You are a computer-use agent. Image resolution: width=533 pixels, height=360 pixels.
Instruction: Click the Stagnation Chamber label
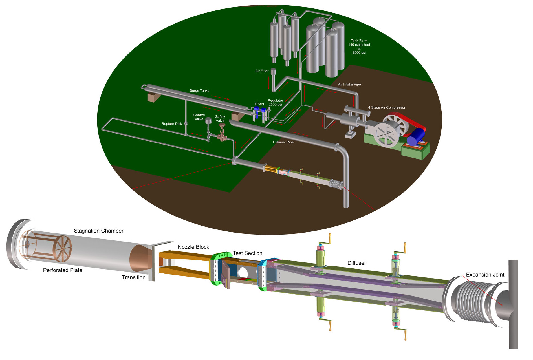click(x=98, y=231)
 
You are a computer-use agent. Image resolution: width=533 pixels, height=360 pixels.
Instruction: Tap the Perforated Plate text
click(x=63, y=270)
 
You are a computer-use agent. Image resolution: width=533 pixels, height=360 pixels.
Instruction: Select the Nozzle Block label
click(x=193, y=247)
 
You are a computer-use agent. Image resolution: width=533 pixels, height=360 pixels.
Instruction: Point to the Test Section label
click(x=247, y=253)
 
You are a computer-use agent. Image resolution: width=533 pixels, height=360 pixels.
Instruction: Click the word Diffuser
click(x=356, y=263)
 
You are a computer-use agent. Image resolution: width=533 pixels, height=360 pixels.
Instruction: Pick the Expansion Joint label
click(x=485, y=275)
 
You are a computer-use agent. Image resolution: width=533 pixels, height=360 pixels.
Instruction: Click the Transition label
click(x=133, y=277)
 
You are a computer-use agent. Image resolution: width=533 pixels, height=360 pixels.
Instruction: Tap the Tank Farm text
click(x=359, y=41)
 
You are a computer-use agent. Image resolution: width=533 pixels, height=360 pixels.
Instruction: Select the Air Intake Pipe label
click(x=349, y=84)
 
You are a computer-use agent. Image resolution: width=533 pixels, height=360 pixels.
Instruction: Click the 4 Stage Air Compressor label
click(x=386, y=107)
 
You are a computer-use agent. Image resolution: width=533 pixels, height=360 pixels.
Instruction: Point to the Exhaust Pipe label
click(x=283, y=142)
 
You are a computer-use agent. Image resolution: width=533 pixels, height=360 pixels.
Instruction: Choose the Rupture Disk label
click(x=171, y=124)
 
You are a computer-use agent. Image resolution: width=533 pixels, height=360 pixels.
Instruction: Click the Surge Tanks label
click(x=199, y=91)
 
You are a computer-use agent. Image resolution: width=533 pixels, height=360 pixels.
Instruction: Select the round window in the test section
click(x=243, y=272)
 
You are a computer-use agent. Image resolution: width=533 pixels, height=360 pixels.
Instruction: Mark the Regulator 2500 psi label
click(x=275, y=102)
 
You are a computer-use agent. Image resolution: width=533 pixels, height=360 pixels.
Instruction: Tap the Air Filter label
click(x=262, y=71)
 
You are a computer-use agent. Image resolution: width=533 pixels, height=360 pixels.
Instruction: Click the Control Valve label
click(x=199, y=117)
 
